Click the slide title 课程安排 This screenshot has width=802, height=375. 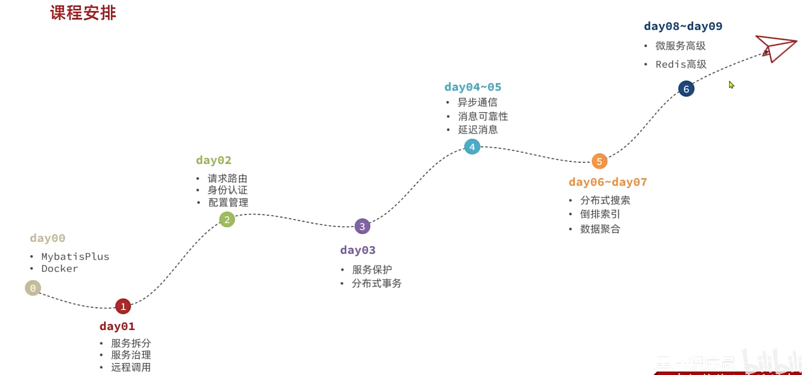(x=83, y=13)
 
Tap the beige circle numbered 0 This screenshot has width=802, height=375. (x=33, y=288)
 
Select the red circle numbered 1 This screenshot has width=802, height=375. (x=123, y=307)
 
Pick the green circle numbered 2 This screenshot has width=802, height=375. (x=227, y=220)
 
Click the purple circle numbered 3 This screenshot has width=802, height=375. (x=362, y=226)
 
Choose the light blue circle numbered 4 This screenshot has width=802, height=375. (x=472, y=147)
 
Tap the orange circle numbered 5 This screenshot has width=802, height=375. (x=599, y=161)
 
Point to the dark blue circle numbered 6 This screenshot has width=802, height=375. (x=686, y=89)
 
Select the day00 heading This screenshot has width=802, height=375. (x=48, y=238)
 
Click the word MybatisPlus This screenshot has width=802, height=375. (x=75, y=256)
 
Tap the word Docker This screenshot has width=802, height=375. (x=60, y=269)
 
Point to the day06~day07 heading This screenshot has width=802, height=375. (x=608, y=182)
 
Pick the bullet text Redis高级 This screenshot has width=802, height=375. (x=681, y=64)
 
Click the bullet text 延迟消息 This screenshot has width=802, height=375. (x=478, y=130)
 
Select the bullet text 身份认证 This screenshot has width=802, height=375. (x=227, y=190)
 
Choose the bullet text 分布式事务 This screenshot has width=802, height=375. (x=377, y=283)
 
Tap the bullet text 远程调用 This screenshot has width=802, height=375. (x=131, y=367)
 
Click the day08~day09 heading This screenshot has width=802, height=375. (x=683, y=26)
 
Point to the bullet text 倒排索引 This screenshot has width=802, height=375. (x=600, y=214)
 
